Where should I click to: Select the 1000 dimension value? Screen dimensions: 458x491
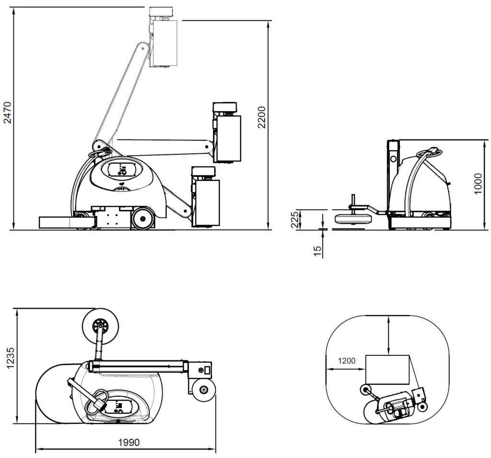[x=478, y=185]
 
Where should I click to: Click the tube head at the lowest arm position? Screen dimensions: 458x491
[x=206, y=201]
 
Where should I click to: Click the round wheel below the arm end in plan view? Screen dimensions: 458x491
[x=204, y=390]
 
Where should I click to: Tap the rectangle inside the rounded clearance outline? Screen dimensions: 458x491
[x=387, y=369]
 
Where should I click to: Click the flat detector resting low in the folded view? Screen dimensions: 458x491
[x=354, y=219]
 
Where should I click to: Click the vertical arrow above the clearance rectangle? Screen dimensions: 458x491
[x=388, y=335]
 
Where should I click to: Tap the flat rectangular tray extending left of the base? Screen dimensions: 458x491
[x=55, y=222]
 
